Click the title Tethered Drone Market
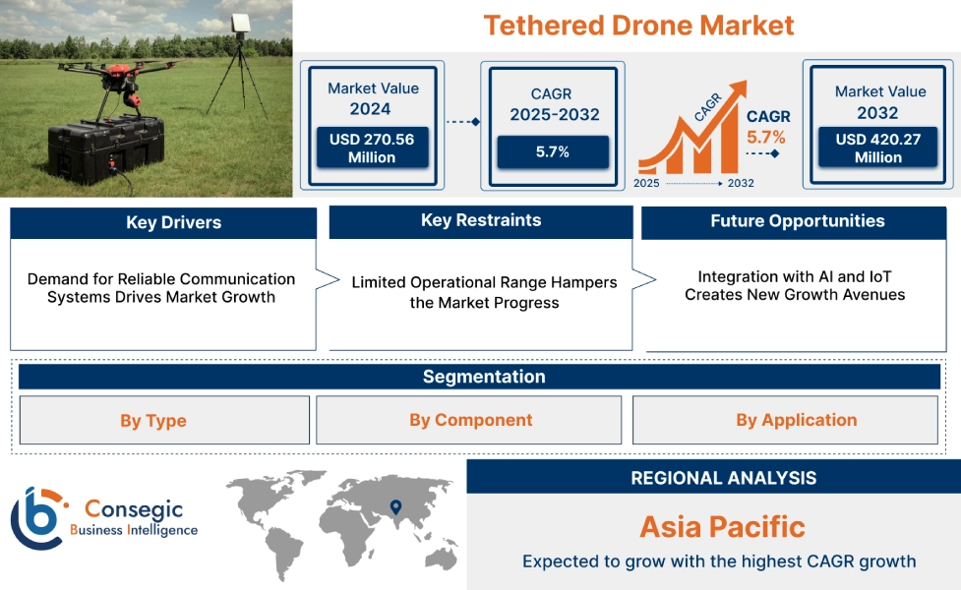638,25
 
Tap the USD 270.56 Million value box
372,148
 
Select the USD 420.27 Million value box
878,148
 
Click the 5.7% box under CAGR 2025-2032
552,152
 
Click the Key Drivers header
163,222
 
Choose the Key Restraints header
480,220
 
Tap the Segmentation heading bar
483,377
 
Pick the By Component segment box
470,420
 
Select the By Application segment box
796,420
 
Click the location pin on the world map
395,507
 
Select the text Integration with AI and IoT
794,276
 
